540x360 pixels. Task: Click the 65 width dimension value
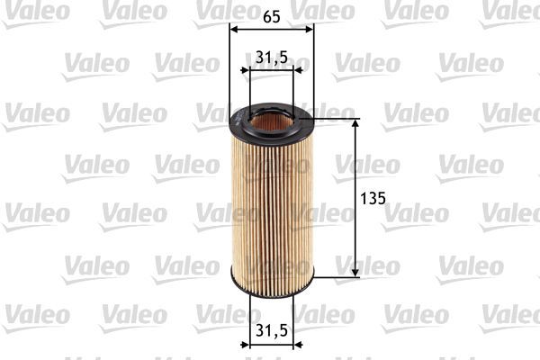click(x=272, y=14)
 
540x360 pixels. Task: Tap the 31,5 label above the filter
click(x=271, y=57)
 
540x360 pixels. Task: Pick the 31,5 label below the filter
click(x=271, y=330)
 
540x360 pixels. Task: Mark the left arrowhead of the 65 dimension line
click(x=235, y=29)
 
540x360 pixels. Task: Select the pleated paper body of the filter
click(x=272, y=207)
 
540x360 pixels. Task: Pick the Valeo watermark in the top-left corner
click(x=34, y=11)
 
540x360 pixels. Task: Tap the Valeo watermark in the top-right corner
click(x=509, y=11)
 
